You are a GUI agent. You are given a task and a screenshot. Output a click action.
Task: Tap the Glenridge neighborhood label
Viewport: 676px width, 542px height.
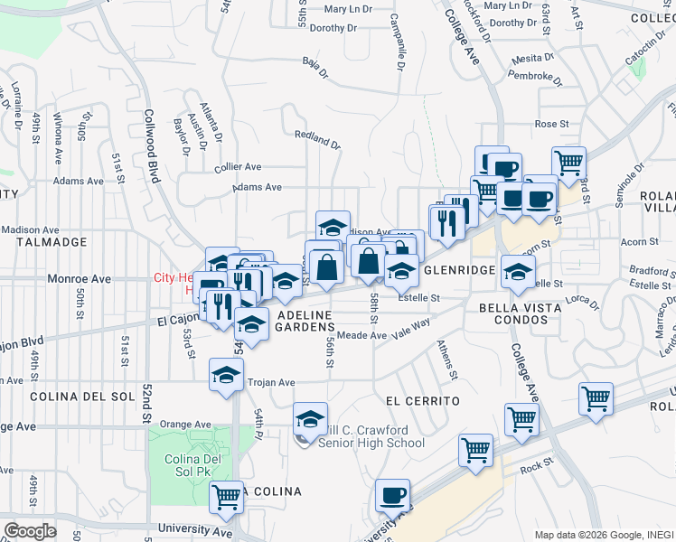(459, 270)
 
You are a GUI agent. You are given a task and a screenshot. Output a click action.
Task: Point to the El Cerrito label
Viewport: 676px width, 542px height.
(422, 400)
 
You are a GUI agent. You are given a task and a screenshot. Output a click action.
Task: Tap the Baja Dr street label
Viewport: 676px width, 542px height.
(314, 62)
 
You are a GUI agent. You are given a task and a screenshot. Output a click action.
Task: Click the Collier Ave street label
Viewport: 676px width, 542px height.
(238, 167)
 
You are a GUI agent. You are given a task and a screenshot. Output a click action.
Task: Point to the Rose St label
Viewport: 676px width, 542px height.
(551, 124)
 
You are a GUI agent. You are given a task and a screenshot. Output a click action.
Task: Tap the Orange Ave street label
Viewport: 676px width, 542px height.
(184, 424)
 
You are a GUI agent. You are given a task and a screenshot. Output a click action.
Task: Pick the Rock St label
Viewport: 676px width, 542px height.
(536, 466)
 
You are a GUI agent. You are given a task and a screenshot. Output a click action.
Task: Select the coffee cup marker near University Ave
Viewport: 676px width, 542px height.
(393, 495)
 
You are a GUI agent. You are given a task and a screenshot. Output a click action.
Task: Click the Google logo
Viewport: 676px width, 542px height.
(30, 531)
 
